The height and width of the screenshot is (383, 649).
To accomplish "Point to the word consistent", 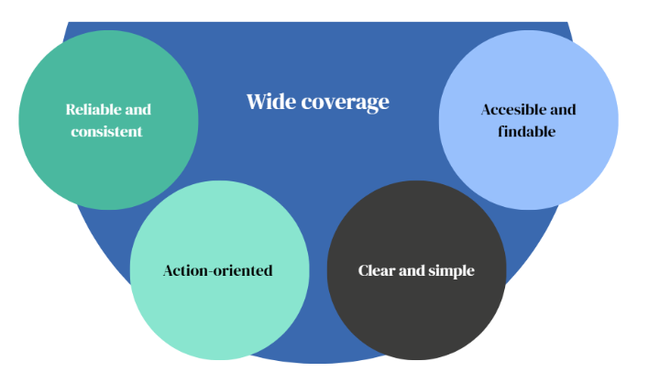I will [x=107, y=131].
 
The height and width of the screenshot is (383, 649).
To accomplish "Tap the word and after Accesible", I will [x=562, y=109].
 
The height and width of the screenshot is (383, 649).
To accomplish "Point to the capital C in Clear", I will [x=363, y=270].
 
